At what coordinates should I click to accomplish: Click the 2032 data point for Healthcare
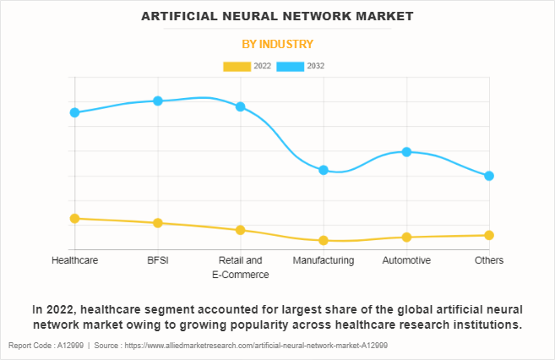74,112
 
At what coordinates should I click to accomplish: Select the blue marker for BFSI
158,101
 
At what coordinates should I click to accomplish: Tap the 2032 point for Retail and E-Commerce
241,106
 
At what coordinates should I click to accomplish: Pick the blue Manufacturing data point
324,170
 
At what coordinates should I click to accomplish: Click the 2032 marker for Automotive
406,152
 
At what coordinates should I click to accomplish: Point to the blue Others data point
489,176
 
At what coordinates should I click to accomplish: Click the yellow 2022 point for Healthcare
74,218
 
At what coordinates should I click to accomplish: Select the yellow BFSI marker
158,223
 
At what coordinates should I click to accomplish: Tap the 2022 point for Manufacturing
324,241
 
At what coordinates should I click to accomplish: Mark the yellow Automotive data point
406,237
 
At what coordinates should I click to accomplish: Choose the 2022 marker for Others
489,235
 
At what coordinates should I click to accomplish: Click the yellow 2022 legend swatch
237,66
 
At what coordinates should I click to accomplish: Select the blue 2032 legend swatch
291,66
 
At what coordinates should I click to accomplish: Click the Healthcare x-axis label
74,260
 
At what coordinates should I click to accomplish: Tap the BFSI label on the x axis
158,260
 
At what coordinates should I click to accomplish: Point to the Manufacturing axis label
324,260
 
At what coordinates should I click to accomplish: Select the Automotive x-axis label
406,260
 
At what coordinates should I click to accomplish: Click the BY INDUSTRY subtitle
277,44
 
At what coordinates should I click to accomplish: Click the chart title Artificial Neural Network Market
277,16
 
